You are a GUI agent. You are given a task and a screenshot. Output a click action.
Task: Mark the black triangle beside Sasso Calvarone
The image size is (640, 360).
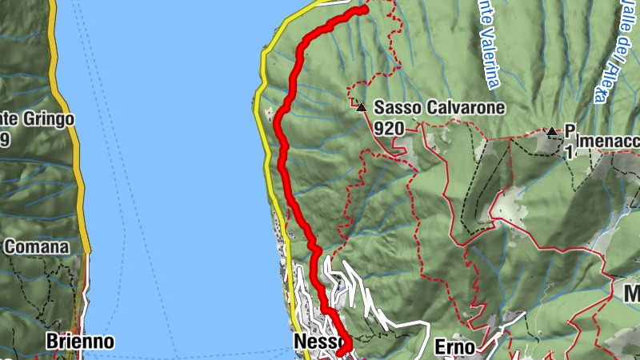pyautogui.click(x=362, y=107)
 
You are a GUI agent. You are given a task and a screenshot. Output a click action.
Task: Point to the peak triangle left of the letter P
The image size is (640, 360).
pyautogui.click(x=551, y=131)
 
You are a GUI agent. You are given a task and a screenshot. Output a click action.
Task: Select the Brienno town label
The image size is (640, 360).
pyautogui.click(x=79, y=342)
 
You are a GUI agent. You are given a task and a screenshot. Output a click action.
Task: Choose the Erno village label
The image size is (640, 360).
pyautogui.click(x=455, y=346)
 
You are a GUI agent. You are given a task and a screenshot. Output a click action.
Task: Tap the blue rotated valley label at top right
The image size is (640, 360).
pyautogui.click(x=610, y=52)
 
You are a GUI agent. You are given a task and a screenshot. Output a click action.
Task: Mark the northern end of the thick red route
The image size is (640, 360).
pyautogui.click(x=363, y=10)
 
